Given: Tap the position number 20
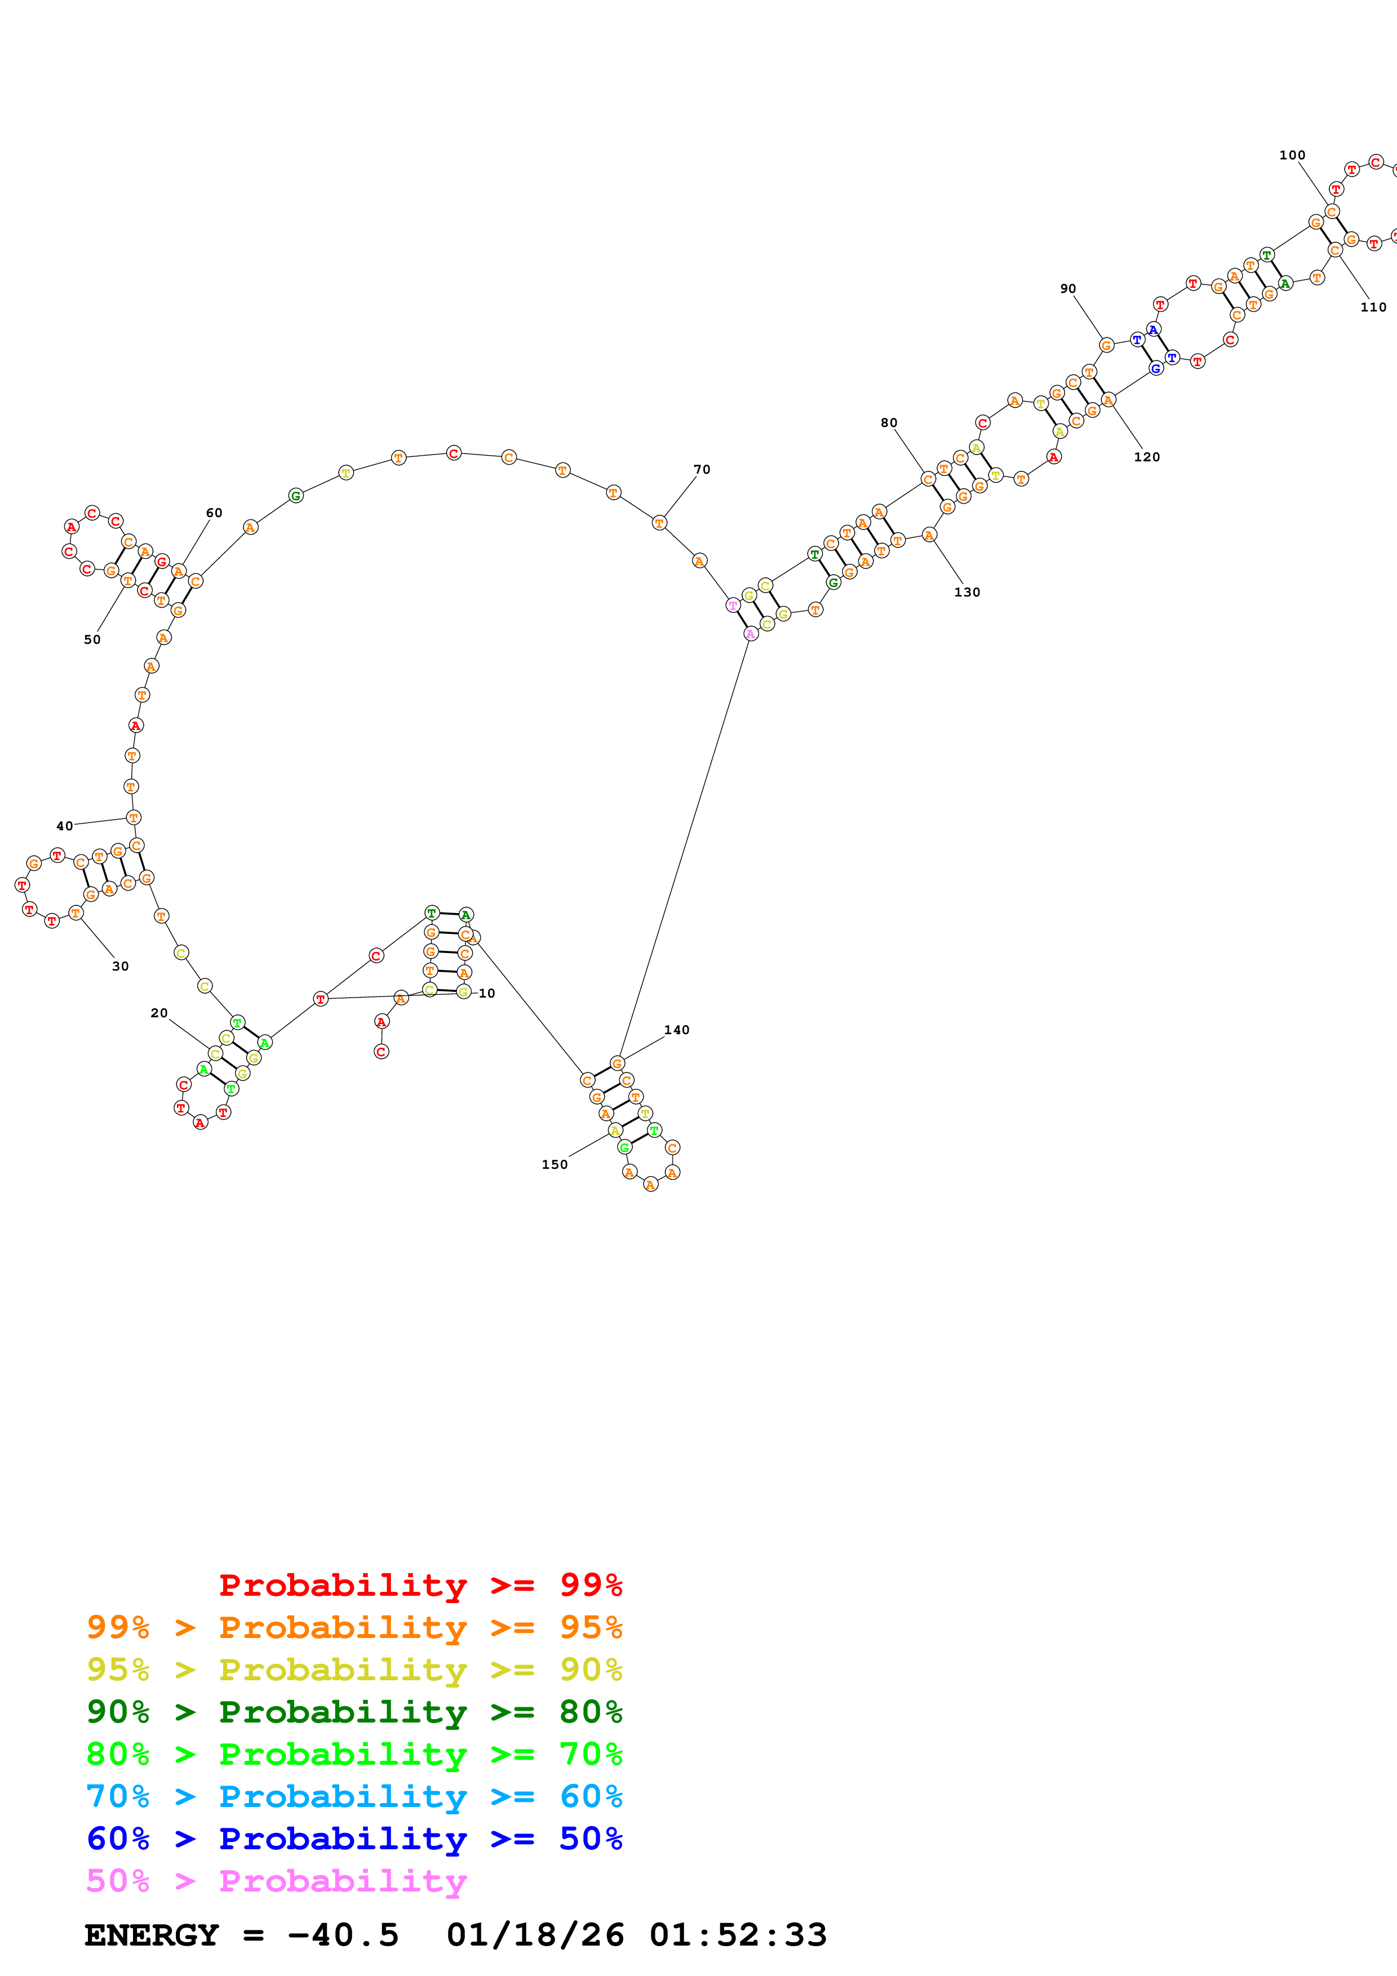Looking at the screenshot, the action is pyautogui.click(x=159, y=1013).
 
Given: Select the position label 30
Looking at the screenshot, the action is pyautogui.click(x=121, y=967).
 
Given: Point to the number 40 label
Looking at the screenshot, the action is pyautogui.click(x=65, y=826).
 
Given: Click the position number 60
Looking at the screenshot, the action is pyautogui.click(x=214, y=513).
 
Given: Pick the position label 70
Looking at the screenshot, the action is pyautogui.click(x=702, y=470).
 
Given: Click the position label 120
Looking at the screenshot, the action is pyautogui.click(x=1147, y=457).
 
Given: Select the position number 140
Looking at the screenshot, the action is pyautogui.click(x=677, y=1030).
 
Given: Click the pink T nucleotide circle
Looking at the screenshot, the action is pyautogui.click(x=733, y=605).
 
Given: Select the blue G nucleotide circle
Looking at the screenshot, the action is pyautogui.click(x=1156, y=368).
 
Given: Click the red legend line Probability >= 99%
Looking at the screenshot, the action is pyautogui.click(x=420, y=1585).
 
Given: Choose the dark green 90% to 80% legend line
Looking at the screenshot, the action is pyautogui.click(x=354, y=1712).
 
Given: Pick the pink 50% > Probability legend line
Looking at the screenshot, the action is pyautogui.click(x=276, y=1881).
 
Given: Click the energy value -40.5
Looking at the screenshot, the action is pyautogui.click(x=343, y=1935).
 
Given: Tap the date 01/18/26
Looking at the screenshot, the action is pyautogui.click(x=535, y=1935).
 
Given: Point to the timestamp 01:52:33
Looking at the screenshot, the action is pyautogui.click(x=738, y=1935).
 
